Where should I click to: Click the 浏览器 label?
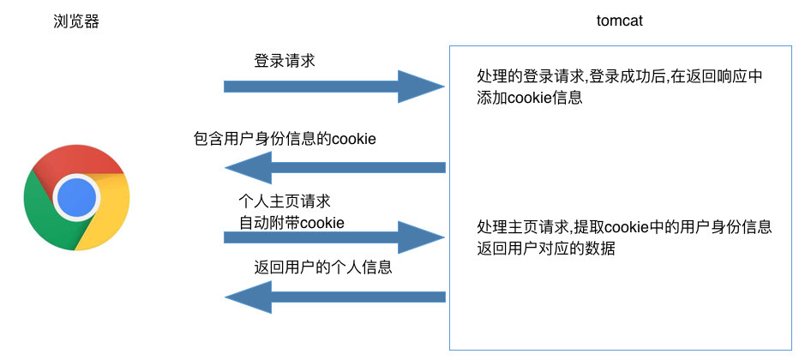coord(76,22)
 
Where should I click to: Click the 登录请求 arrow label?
coord(290,62)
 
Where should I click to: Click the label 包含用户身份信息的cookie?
coord(285,139)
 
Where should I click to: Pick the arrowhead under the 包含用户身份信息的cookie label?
coord(249,167)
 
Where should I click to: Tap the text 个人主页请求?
coord(284,202)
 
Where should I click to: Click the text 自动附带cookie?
coord(291,222)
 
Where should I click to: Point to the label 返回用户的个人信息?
coord(323,267)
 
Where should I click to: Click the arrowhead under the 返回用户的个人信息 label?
coord(249,297)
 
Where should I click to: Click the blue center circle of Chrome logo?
coord(77,198)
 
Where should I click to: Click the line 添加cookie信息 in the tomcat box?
coord(530,98)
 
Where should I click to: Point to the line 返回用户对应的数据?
coord(547,249)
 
